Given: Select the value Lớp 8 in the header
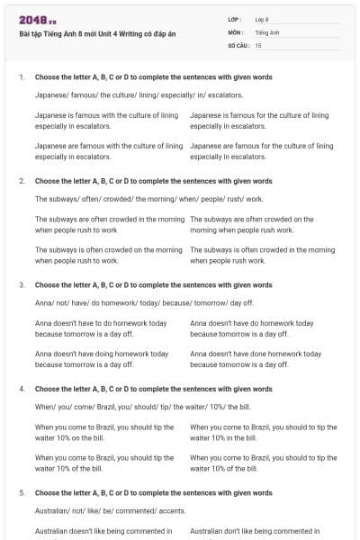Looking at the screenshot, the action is click(262, 19).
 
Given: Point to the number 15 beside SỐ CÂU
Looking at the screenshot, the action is click(258, 44).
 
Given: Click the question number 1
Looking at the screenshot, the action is click(22, 77).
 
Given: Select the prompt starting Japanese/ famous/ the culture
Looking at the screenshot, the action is click(126, 94).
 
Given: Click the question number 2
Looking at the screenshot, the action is click(22, 182).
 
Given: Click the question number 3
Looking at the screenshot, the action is click(22, 285).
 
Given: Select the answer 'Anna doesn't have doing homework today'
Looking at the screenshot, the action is click(102, 359).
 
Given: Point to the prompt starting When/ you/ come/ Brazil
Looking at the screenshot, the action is click(142, 407).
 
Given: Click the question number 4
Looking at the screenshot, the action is click(22, 390).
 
